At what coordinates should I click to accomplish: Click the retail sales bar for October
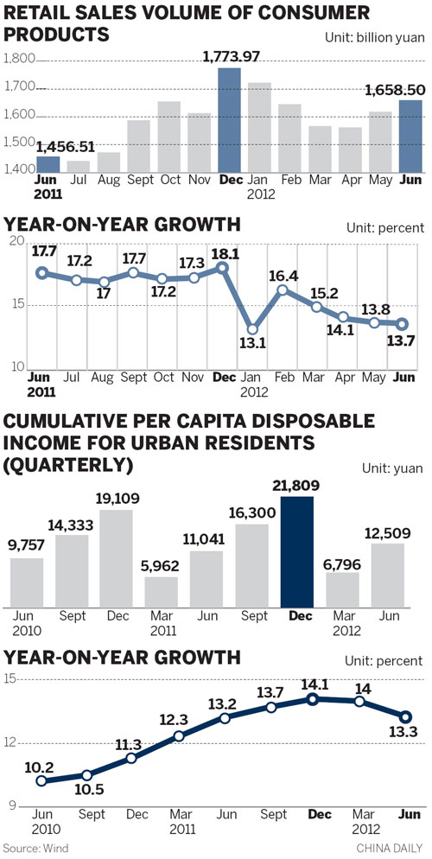coord(168,137)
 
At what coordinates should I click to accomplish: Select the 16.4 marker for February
coord(283,290)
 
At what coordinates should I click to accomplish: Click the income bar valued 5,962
coord(162,591)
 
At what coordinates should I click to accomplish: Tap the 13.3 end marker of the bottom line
coord(404,716)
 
